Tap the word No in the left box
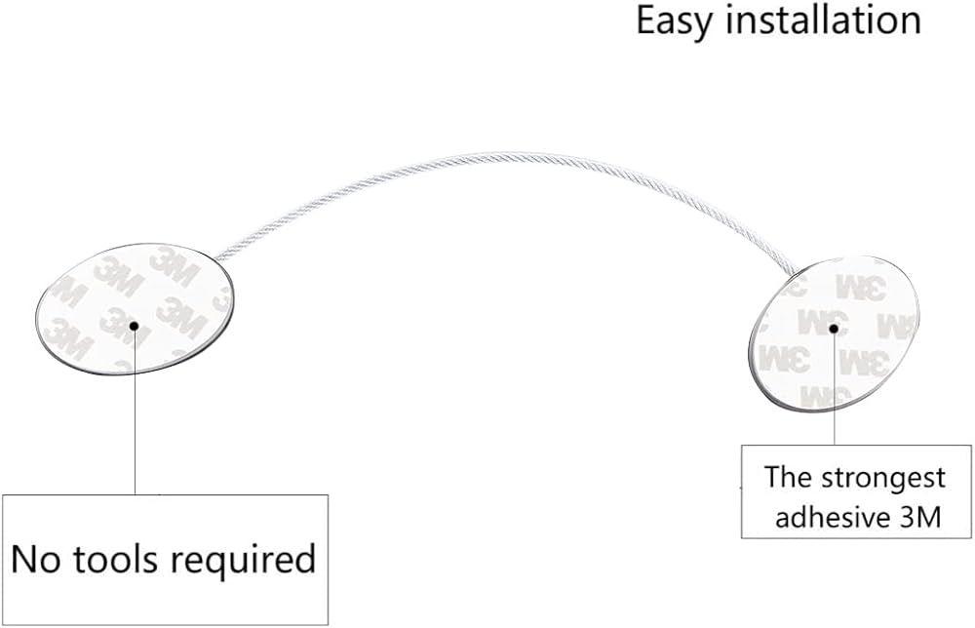(40, 560)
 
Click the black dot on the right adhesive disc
(833, 330)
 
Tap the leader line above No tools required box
(135, 419)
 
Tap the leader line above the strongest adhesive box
(833, 390)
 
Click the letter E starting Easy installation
(646, 20)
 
